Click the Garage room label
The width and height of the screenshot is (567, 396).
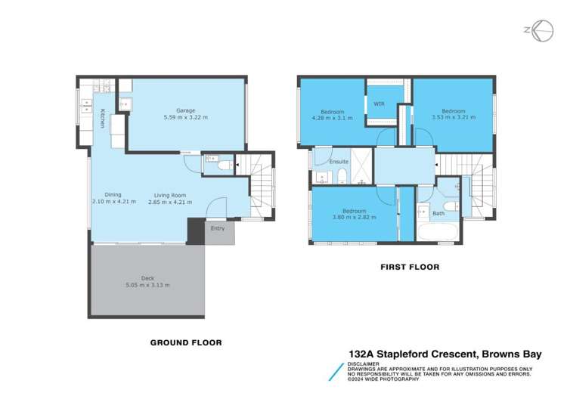[186, 109]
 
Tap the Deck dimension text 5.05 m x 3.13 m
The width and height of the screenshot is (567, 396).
[147, 285]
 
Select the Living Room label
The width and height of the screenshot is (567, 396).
[166, 195]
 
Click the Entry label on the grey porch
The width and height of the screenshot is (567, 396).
[218, 228]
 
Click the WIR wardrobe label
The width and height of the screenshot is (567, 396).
[378, 105]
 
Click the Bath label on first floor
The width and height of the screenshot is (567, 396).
[438, 214]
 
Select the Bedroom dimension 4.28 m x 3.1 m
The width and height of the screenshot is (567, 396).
[333, 118]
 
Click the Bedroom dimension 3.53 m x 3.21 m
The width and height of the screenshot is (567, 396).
[452, 118]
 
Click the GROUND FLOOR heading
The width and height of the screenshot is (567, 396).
[186, 342]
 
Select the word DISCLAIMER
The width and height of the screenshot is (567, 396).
[365, 362]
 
